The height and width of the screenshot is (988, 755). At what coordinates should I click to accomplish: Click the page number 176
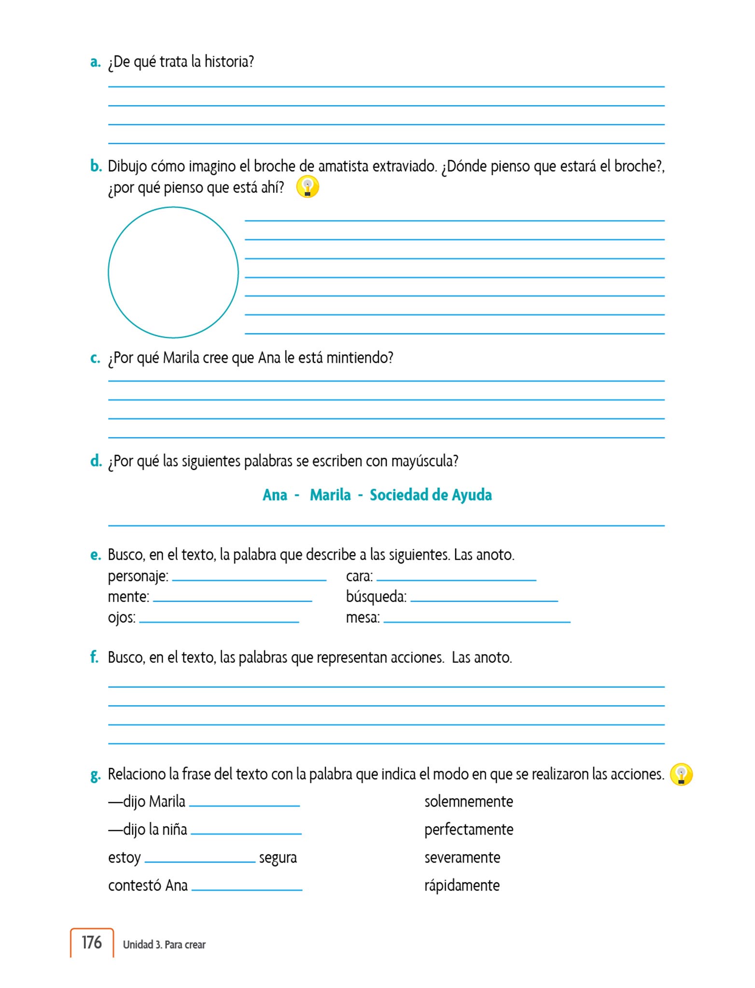click(x=91, y=942)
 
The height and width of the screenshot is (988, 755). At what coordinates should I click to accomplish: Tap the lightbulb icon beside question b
click(x=308, y=187)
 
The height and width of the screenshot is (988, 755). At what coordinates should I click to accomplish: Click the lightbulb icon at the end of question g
click(x=681, y=774)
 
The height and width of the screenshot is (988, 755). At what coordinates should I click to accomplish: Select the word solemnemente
click(x=468, y=802)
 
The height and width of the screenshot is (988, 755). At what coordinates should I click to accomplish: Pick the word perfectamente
click(x=468, y=830)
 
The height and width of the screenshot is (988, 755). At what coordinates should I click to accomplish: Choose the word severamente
click(x=462, y=858)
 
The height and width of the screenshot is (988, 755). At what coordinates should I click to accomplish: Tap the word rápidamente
click(x=461, y=886)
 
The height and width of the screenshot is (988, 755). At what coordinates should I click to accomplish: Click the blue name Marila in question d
click(x=330, y=495)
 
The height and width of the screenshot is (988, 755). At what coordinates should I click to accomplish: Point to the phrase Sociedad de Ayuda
click(x=431, y=495)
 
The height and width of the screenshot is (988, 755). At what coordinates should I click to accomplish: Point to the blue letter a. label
click(x=95, y=62)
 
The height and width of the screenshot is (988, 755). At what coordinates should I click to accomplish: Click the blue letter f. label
click(x=94, y=657)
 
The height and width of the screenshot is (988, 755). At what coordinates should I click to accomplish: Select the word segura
click(x=278, y=858)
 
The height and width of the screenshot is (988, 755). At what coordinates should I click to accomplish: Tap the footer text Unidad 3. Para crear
click(x=164, y=945)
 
